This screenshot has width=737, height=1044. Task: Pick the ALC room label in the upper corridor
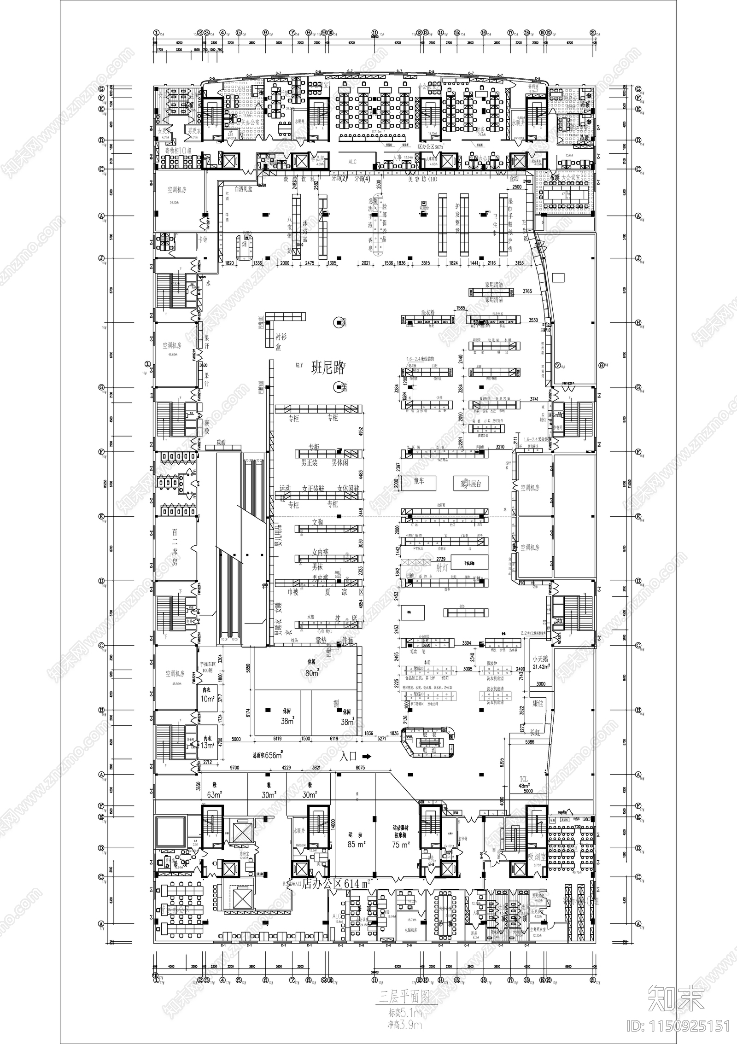click(x=352, y=162)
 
